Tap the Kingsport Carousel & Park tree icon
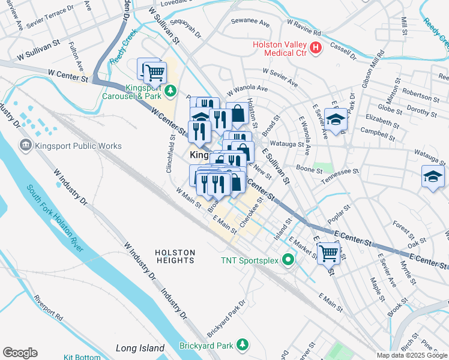coord(170,91)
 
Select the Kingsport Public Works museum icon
coord(25,145)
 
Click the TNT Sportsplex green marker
coord(289,260)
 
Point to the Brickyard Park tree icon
coord(242,344)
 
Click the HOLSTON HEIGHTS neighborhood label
coord(175,256)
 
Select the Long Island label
coord(140,348)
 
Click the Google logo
coord(20,353)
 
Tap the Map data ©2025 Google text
coord(411,355)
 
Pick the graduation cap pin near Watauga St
coord(432,177)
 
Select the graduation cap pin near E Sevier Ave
coord(336,119)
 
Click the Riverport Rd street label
coord(49,306)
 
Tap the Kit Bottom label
coord(82,357)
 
